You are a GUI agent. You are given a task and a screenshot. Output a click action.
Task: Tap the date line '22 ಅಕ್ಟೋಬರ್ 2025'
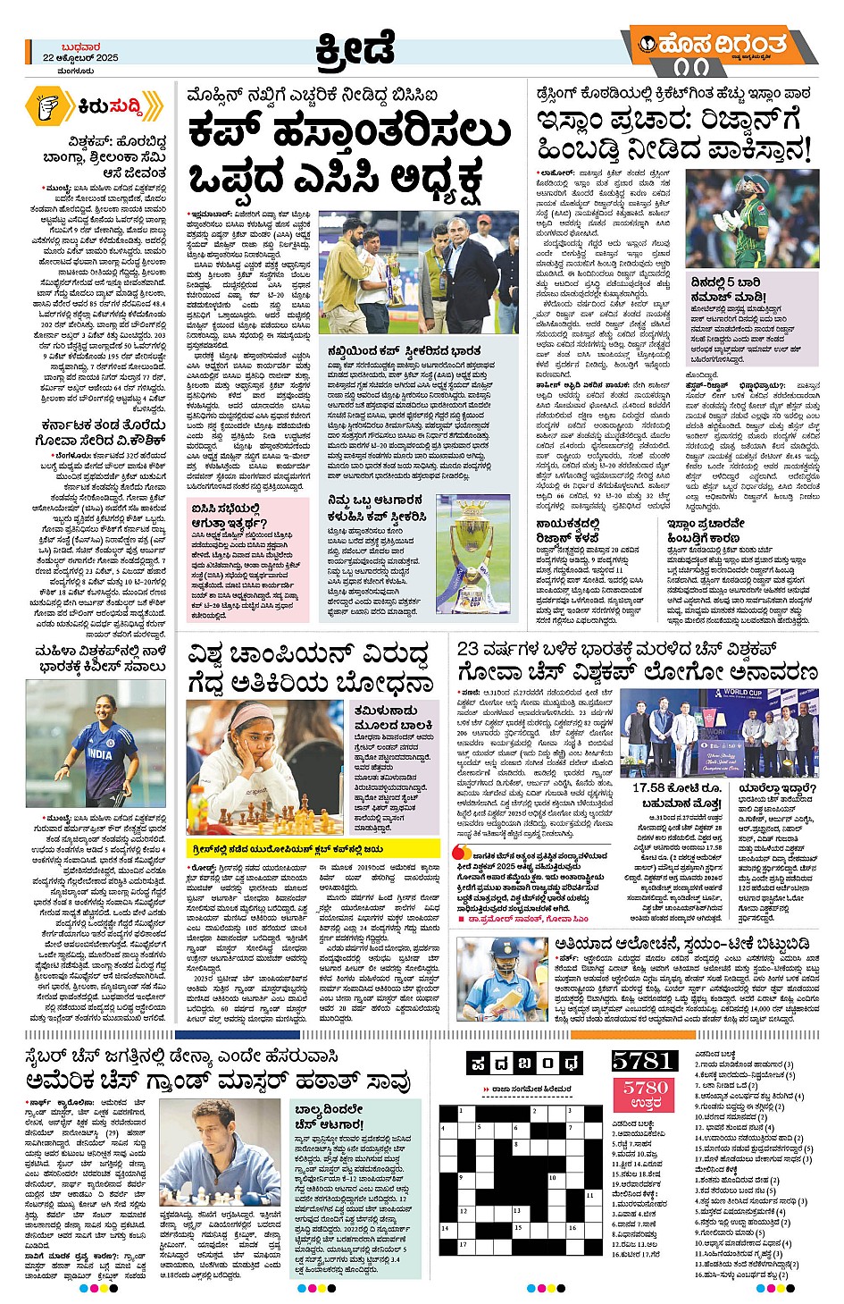(80, 58)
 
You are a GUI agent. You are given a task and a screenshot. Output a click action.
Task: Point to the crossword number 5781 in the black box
(643, 1060)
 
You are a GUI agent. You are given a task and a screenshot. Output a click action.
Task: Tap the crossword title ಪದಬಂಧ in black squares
(524, 1063)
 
